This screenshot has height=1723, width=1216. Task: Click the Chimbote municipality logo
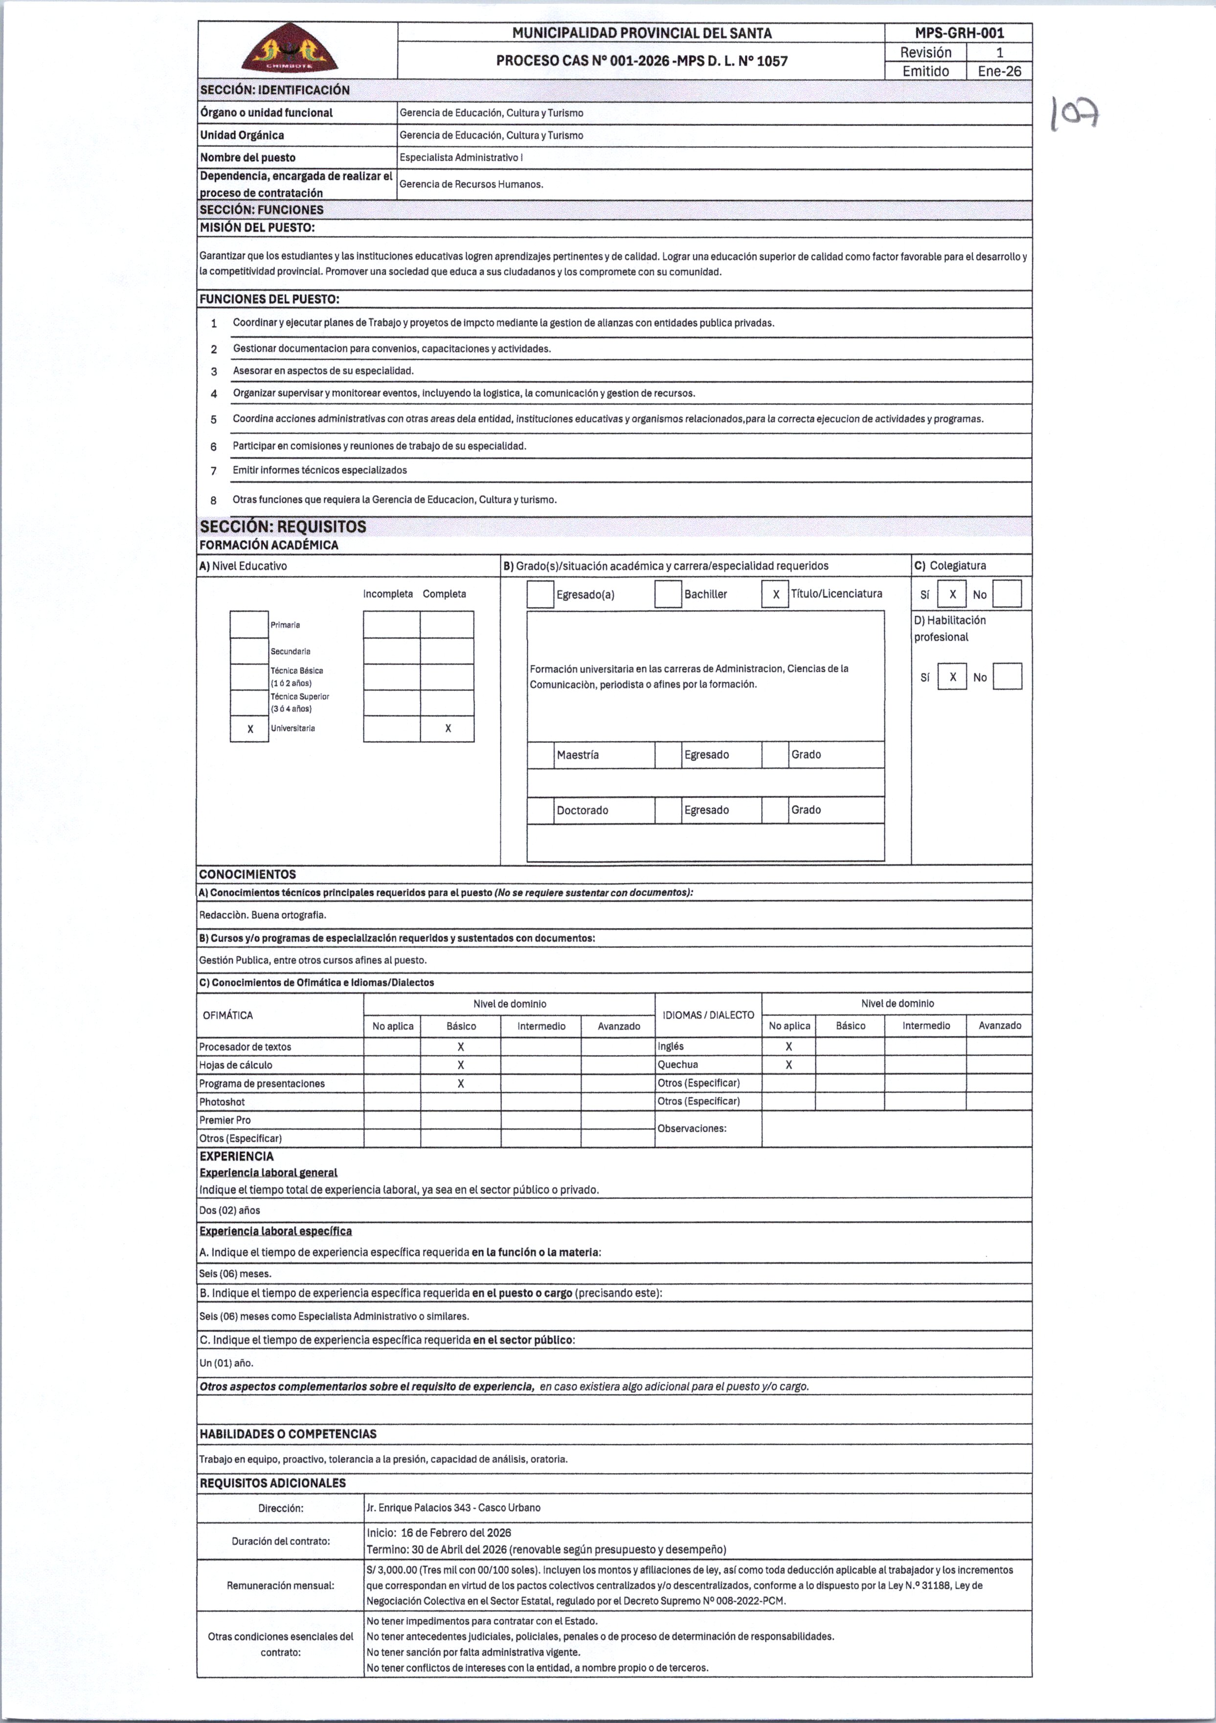pos(290,49)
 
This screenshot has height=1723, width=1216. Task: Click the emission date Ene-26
pos(999,71)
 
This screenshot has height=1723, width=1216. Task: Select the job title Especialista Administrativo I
pos(461,157)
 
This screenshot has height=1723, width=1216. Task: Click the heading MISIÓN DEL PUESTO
pos(257,227)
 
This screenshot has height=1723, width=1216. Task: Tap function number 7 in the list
pos(214,470)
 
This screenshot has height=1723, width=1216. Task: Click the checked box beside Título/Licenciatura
pos(775,595)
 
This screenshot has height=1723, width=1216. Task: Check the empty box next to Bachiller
pos(667,595)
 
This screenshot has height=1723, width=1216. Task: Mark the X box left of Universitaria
pos(250,729)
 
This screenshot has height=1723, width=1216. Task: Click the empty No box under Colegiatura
pos(1007,595)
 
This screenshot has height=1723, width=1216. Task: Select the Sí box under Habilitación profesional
pos(952,677)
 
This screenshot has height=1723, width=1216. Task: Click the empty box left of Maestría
pos(540,755)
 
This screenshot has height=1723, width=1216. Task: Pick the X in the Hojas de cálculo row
pos(461,1065)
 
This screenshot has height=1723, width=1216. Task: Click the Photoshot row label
pos(222,1102)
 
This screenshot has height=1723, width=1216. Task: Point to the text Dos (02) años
pos(230,1211)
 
